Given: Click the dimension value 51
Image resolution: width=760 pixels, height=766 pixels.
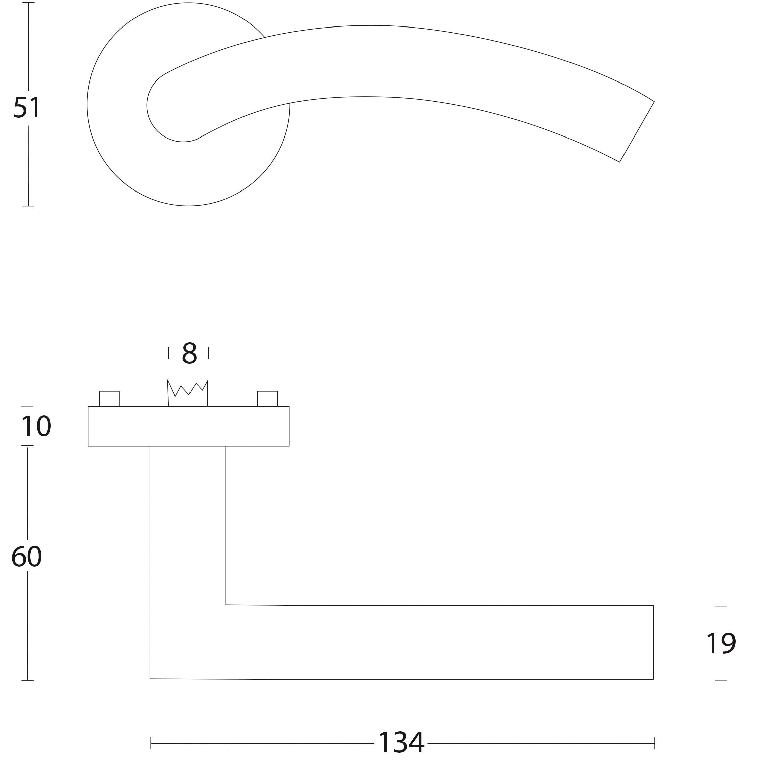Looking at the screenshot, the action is coord(27,107).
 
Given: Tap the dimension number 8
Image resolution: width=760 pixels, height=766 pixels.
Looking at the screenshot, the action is coord(189,353).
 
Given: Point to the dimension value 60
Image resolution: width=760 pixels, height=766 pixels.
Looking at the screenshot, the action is coord(26,556).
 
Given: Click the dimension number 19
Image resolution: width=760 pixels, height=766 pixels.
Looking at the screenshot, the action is coord(721,643).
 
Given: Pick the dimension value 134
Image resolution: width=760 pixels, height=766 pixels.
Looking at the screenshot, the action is coord(401,743).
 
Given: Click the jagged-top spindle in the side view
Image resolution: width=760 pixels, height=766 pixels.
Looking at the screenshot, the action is coord(187,393).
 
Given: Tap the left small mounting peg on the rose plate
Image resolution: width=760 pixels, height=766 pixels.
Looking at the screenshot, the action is coord(109,398).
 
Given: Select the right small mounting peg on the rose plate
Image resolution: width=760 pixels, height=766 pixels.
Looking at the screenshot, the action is coord(267,398).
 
